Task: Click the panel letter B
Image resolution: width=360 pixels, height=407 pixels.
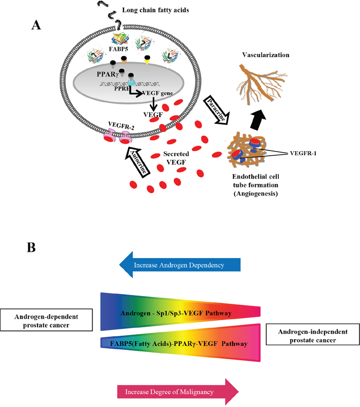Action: click(32, 248)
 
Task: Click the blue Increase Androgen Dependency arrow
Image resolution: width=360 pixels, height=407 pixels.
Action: click(179, 266)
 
